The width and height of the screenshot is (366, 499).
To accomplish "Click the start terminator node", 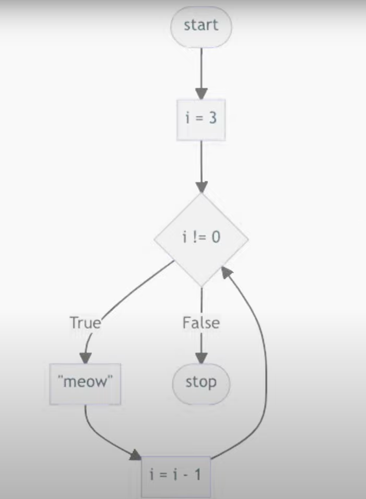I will click(201, 26).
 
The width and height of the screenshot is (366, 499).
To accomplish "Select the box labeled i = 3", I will click(201, 119).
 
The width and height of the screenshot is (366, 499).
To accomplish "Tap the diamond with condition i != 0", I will click(201, 238).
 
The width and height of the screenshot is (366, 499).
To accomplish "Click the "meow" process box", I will click(85, 383).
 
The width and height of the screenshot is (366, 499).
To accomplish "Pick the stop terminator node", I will click(201, 382).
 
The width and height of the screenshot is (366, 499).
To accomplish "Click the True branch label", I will click(85, 323).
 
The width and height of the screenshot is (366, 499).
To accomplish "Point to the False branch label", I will click(201, 323).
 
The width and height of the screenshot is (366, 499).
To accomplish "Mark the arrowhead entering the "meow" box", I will click(85, 358).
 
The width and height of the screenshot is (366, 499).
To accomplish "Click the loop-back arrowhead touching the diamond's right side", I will click(226, 271).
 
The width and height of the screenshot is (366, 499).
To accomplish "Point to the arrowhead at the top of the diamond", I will click(201, 187).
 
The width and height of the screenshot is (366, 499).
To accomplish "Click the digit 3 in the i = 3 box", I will click(212, 118).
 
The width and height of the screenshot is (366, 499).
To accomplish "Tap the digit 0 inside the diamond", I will click(216, 237).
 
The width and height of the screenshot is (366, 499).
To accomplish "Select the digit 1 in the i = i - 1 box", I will click(197, 475).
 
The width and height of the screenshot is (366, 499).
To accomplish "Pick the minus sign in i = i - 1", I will click(186, 475).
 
